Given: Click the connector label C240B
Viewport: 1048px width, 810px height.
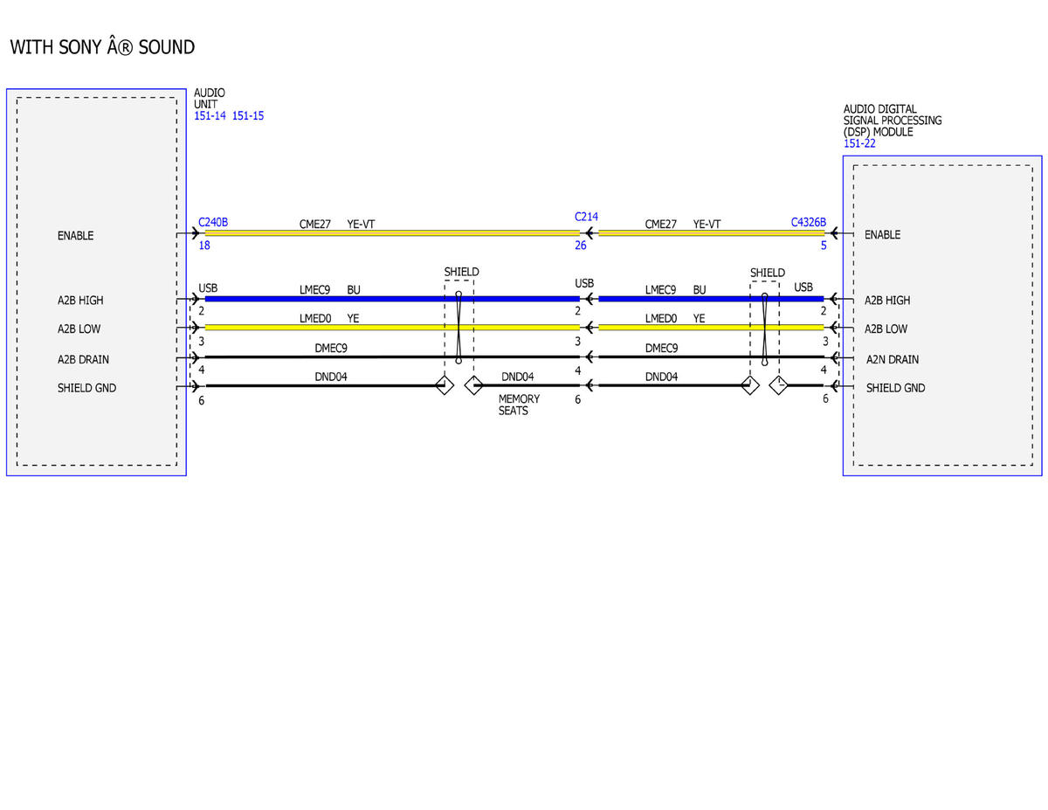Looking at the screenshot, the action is pos(213,223).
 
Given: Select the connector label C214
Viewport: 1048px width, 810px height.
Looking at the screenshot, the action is pos(585,217).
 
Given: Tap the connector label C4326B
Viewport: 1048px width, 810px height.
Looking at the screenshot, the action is pos(808,223).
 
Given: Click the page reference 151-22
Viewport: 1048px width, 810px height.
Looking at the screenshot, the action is pos(859,143).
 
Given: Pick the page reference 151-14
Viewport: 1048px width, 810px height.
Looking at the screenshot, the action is pos(210,116).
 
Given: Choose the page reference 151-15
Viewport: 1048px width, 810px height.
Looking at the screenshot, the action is pos(248,116).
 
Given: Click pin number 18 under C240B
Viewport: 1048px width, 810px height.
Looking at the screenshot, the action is pos(204,246).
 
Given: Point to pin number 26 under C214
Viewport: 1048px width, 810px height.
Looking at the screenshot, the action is pos(580,246).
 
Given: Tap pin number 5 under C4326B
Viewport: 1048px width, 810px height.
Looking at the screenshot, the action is pos(824,246).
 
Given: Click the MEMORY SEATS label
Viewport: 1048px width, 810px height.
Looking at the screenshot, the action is pos(519,405).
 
